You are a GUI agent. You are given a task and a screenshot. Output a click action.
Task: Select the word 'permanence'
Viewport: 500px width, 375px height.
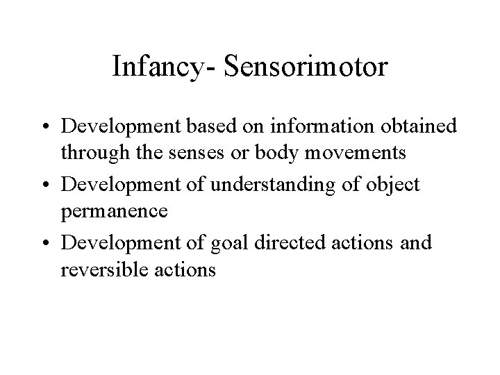[x=115, y=210]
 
